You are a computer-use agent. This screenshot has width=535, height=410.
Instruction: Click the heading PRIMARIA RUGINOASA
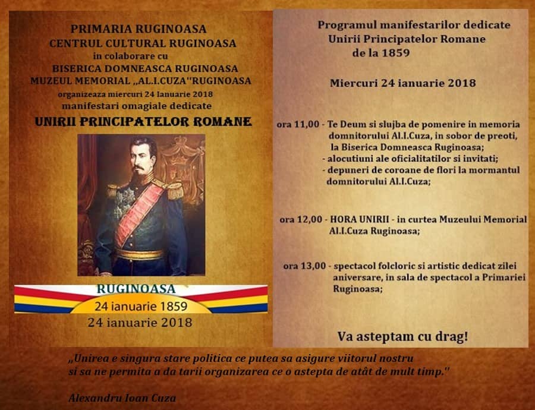(138, 29)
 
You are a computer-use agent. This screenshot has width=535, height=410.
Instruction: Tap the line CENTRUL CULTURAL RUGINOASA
(143, 43)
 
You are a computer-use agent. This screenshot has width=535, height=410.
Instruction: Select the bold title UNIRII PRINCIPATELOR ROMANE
(143, 122)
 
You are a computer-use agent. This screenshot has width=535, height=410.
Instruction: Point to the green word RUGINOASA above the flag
(136, 289)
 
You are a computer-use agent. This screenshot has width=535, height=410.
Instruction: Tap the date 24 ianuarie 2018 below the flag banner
(140, 322)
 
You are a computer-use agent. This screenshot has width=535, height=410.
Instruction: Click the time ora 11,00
(298, 124)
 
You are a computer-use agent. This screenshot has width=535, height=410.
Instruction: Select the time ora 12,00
(301, 219)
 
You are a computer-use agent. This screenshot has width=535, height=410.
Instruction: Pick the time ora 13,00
(304, 266)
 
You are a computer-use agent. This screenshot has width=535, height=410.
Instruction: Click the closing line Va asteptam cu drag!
(402, 336)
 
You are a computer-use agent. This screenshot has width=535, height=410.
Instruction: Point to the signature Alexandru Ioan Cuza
(122, 398)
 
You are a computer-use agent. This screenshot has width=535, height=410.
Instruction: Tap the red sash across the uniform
(138, 215)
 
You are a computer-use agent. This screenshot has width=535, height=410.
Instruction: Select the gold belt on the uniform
(139, 254)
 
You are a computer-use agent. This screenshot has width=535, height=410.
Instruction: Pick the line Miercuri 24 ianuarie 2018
(402, 83)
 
